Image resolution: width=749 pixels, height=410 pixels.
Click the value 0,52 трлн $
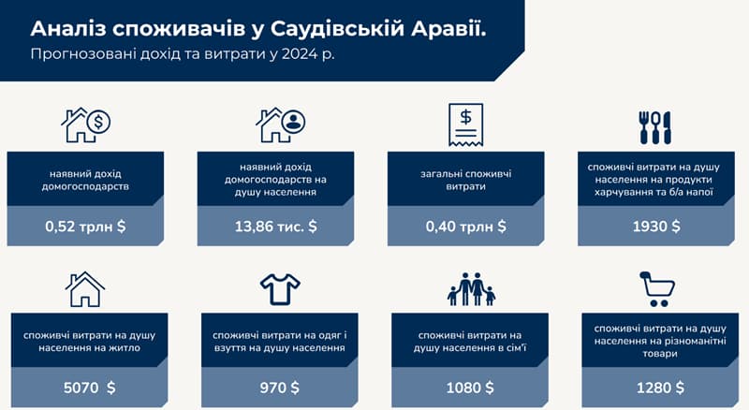85,226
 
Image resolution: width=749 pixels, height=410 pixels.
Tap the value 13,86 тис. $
275,226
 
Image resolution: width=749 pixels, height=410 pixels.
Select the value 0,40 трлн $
465,226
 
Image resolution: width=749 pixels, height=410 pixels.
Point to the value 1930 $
656,226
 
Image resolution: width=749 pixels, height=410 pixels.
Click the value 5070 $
89,387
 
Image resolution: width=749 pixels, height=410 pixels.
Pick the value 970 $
279,387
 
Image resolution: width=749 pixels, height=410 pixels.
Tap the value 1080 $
470,387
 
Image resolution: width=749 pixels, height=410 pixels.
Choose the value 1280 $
660,387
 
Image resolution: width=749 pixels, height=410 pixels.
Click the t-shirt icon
280,289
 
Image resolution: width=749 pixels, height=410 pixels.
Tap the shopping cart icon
657,289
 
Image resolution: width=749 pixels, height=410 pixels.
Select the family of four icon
471,289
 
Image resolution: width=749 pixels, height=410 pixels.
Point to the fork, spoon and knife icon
654,127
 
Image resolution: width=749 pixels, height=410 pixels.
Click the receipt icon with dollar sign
465,124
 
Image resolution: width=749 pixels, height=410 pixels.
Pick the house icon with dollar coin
86,124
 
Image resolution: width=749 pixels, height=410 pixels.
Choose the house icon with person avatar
280,124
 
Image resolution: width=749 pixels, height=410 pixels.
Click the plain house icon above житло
85,289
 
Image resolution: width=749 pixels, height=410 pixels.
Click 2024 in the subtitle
300,53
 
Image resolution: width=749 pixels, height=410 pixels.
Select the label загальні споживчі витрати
465,180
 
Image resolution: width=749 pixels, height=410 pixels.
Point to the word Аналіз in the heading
68,29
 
